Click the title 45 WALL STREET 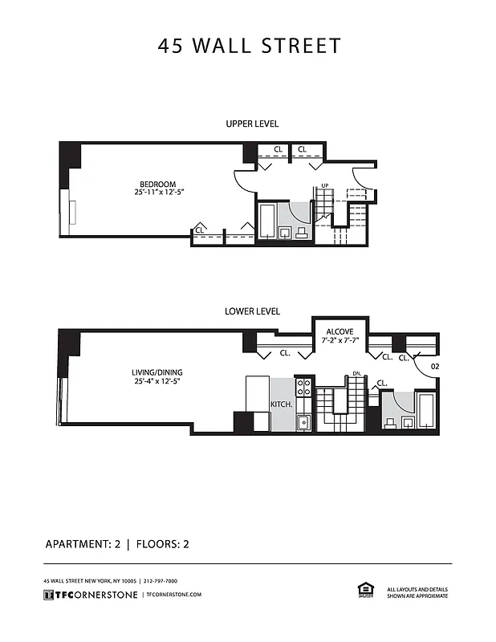[x=249, y=46]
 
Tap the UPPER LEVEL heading [x=252, y=124]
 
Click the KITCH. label [x=281, y=404]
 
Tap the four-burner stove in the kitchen [x=303, y=388]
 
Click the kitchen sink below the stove [x=303, y=422]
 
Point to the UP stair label [x=325, y=185]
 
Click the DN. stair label [x=357, y=373]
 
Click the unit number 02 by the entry [x=434, y=366]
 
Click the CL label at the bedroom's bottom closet [x=199, y=230]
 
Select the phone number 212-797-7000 [x=161, y=580]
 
